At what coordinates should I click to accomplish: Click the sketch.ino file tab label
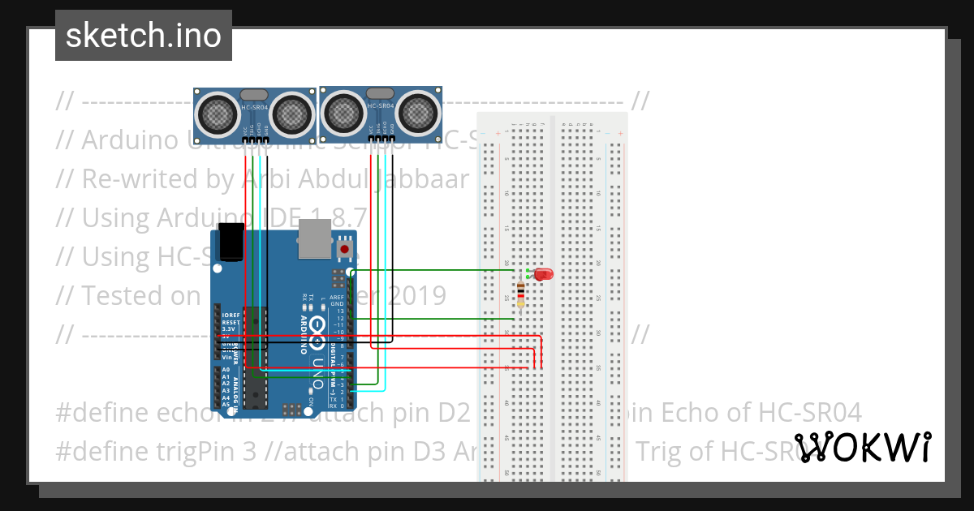pos(143,36)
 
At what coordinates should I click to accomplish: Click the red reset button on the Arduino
pos(345,249)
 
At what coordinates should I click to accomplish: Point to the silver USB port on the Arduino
pos(314,238)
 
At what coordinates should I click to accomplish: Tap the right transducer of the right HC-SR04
pos(418,111)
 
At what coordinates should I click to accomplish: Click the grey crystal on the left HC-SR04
pos(254,96)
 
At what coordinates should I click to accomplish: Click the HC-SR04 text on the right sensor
pos(380,106)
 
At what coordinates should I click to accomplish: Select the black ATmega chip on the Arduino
pos(256,357)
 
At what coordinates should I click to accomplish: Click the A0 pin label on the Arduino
pos(226,369)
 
